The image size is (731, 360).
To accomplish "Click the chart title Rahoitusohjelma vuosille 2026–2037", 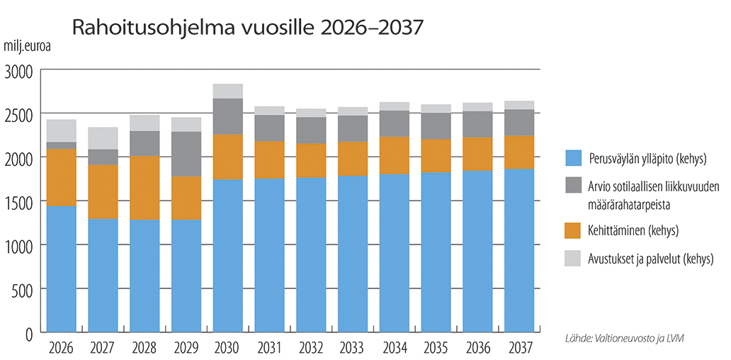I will pos(247,28).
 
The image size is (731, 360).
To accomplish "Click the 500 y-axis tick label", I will pos(23,289).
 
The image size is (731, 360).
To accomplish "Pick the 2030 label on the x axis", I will pos(227,348).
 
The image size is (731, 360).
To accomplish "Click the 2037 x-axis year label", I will pos(520,348).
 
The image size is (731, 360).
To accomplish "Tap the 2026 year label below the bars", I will pos(61,348).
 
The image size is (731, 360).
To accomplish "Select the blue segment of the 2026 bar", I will pos(61,269).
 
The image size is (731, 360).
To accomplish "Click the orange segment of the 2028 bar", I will pos(144,188).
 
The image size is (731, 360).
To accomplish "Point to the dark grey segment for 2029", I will pos(186,154).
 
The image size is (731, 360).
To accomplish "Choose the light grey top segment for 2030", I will pos(227,91).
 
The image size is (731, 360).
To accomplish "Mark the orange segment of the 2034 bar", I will pos(395,155).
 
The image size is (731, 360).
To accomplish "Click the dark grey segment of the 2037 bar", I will pos(520,123).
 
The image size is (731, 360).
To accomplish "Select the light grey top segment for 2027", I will pos(103,138).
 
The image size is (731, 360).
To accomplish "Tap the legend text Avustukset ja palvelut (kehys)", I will pos(650,258).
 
